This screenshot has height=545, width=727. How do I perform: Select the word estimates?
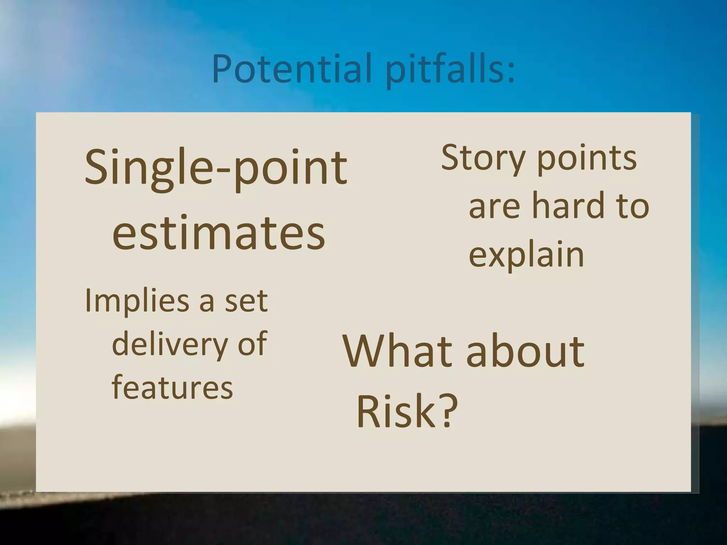[218, 232]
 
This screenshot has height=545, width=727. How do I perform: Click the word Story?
[483, 158]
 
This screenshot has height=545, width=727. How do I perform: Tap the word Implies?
[137, 301]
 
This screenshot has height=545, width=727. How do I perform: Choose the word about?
[525, 352]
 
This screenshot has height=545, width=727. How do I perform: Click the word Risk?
[396, 412]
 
